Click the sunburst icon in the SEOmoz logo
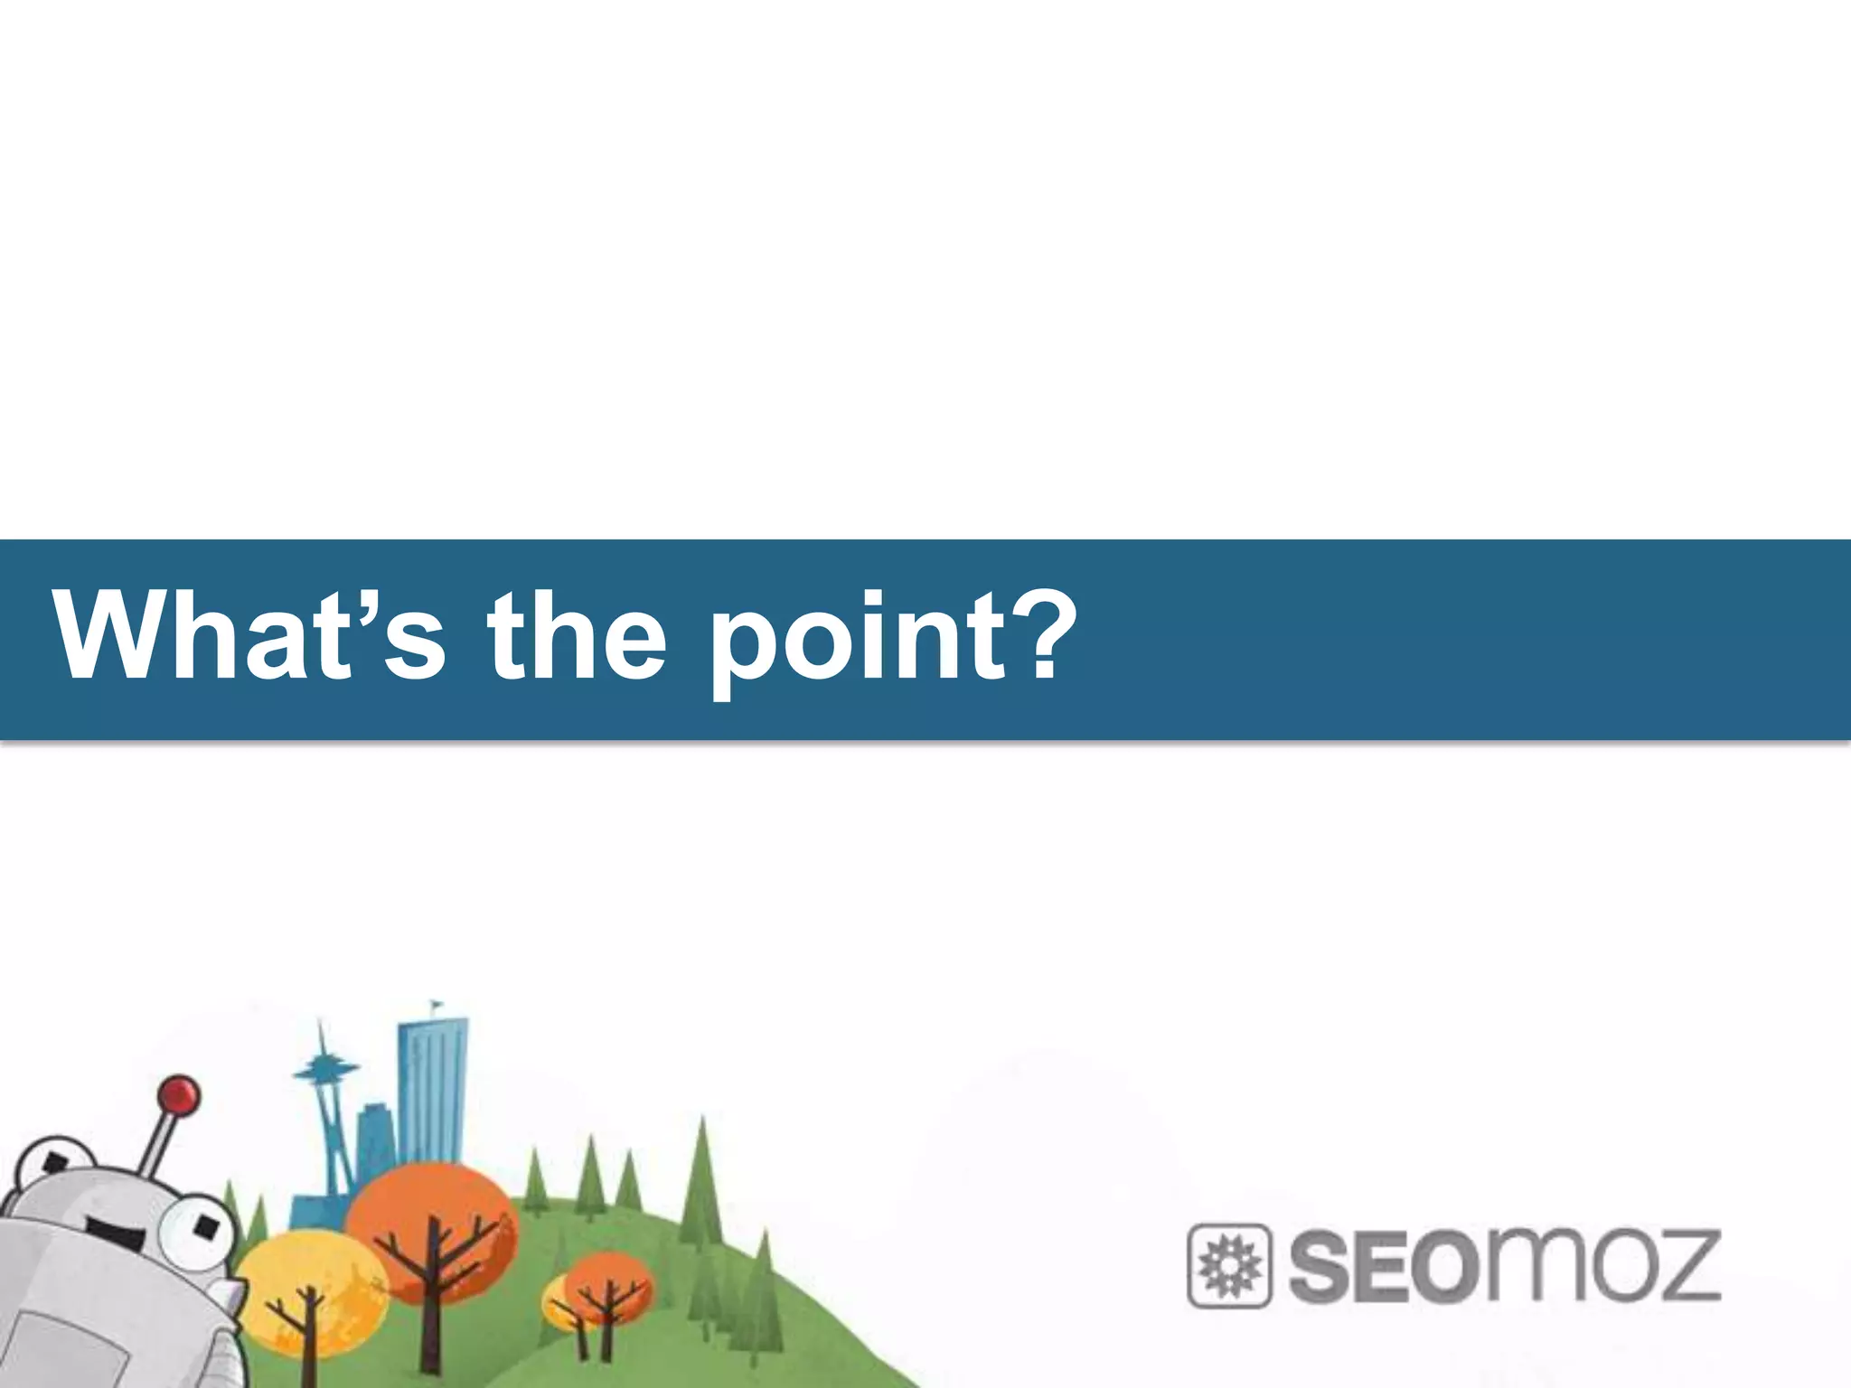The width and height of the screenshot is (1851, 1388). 1228,1266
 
